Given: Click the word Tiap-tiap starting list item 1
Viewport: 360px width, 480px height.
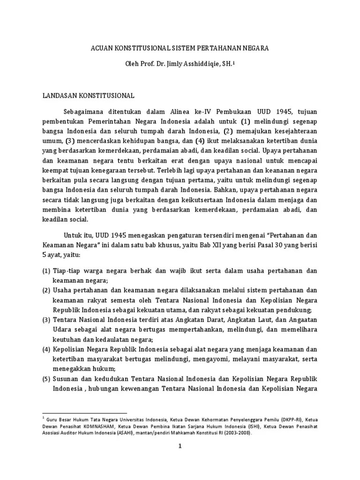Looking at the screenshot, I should pos(68,271).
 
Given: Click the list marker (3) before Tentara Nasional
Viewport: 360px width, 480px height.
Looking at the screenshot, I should pos(46,320).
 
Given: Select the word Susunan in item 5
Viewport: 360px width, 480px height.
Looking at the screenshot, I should pos(66,378).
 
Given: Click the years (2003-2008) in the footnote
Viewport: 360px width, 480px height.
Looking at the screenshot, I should pos(233,434).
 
